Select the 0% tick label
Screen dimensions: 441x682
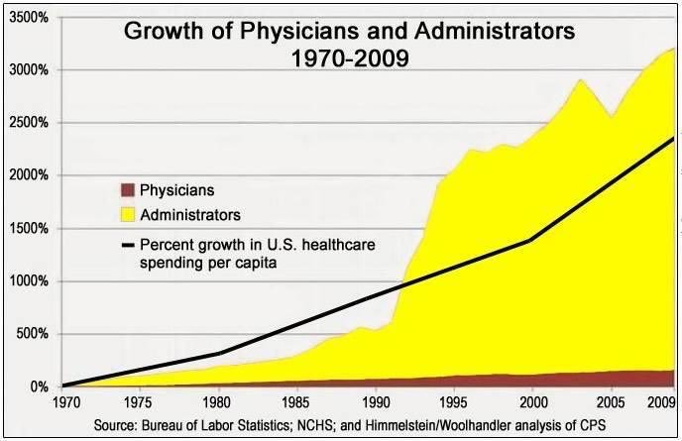(34, 386)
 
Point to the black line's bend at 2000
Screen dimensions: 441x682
(533, 240)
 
